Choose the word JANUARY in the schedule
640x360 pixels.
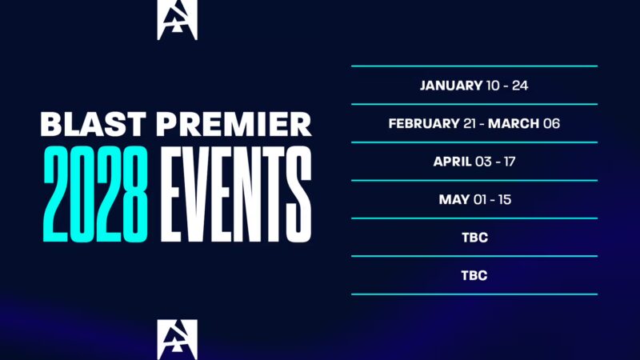(x=451, y=85)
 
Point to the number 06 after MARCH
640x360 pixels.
(x=551, y=123)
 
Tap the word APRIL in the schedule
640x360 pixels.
(x=452, y=162)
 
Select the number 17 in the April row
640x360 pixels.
(x=507, y=162)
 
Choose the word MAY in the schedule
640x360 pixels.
(x=453, y=199)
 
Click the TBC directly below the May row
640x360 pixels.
(x=474, y=238)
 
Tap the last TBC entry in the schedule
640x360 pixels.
(x=474, y=275)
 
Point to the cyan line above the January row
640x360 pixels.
(x=474, y=66)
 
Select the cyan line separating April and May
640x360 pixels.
(x=474, y=180)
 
